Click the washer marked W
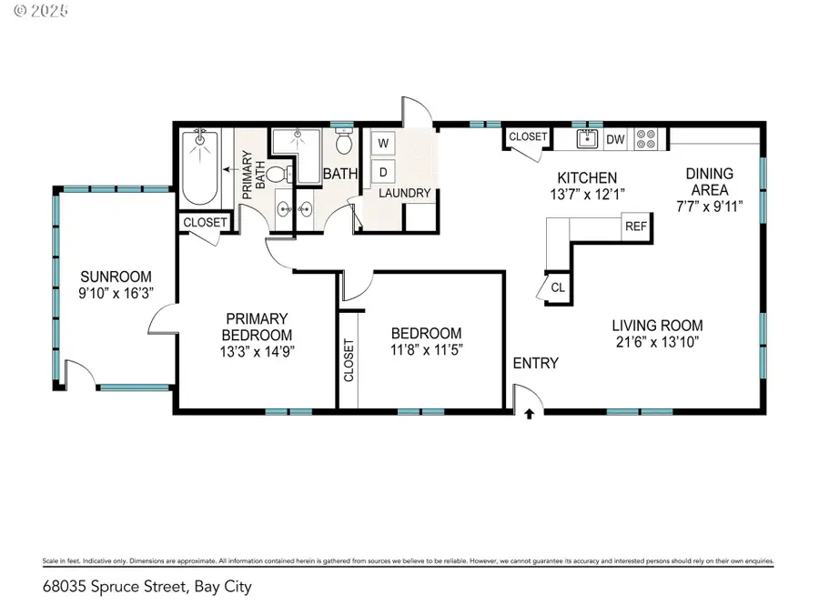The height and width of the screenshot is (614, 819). (x=383, y=143)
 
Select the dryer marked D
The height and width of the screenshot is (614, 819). (x=383, y=170)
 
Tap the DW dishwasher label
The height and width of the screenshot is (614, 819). (x=615, y=139)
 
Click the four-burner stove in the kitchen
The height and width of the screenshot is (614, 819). (x=646, y=139)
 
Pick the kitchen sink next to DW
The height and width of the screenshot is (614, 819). (x=587, y=139)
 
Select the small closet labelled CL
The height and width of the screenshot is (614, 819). (x=557, y=287)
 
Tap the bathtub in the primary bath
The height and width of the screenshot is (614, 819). (x=199, y=169)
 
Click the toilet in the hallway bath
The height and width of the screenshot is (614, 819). (x=344, y=143)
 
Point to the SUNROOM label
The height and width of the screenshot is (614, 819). (x=116, y=277)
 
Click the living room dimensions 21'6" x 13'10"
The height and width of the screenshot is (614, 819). (x=657, y=342)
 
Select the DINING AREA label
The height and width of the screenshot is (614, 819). (x=710, y=181)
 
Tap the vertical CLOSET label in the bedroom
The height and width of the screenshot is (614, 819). (x=349, y=360)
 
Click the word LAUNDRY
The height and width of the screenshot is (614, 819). (x=404, y=193)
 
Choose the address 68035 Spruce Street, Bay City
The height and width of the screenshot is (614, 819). (x=147, y=587)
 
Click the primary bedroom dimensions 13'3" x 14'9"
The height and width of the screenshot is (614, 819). (x=257, y=350)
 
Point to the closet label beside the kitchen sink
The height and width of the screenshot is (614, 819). (x=528, y=137)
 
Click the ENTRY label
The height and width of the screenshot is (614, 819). (x=535, y=363)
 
